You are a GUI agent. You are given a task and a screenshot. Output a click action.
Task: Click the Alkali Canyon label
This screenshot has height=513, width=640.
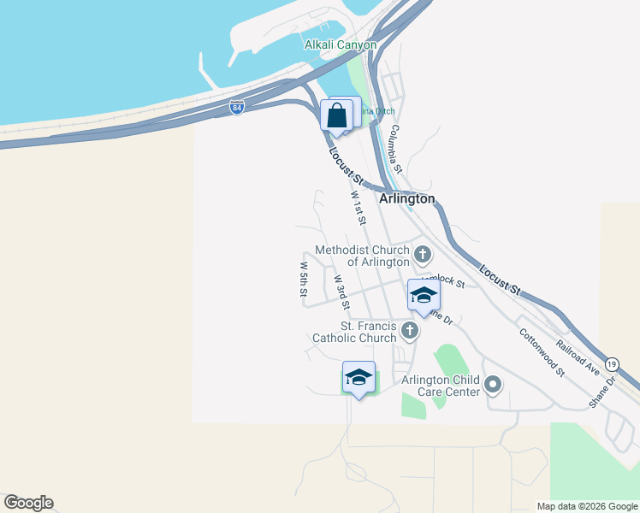point(341,44)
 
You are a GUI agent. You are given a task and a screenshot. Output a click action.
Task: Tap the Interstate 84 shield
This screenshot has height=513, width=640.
point(237,108)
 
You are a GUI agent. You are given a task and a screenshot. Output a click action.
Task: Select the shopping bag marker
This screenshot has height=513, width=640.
point(337,115)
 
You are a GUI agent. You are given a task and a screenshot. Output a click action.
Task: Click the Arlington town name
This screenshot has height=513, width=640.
point(406,198)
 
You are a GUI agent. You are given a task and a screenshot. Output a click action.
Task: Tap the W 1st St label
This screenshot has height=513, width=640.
point(359,208)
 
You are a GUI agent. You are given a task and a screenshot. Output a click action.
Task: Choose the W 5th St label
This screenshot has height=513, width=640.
point(303,279)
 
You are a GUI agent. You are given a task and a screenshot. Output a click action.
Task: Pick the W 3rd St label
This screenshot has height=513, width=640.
point(342,292)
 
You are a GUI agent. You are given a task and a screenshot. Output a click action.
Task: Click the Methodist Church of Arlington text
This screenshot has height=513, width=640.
point(362,256)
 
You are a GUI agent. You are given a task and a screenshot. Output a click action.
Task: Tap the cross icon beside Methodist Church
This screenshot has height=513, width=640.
point(423,254)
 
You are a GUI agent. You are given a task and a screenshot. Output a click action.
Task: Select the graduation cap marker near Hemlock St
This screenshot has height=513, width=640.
point(423,295)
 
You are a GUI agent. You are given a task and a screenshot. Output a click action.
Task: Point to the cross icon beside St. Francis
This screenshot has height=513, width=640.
point(410,330)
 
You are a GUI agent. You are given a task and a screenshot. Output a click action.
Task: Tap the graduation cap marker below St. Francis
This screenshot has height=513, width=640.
point(359,377)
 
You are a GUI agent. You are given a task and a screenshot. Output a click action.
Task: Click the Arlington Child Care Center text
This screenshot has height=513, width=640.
point(440,386)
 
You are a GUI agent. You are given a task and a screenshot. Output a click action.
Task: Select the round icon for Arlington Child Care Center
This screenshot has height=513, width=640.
point(492,385)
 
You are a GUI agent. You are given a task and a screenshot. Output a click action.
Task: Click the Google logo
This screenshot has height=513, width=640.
point(28,503)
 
